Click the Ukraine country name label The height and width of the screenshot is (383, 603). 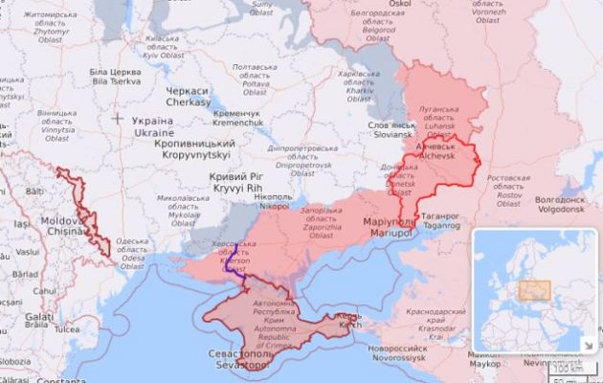pyautogui.click(x=153, y=127)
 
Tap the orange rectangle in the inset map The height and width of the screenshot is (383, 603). pyautogui.click(x=534, y=289)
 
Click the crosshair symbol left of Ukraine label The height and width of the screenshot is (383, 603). pyautogui.click(x=117, y=119)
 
